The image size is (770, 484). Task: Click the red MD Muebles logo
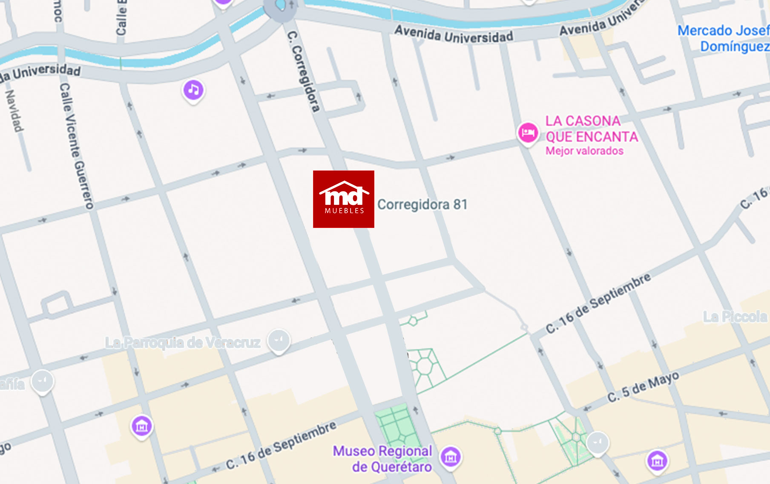(343, 199)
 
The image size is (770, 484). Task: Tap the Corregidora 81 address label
(422, 205)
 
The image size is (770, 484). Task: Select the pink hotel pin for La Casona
(528, 133)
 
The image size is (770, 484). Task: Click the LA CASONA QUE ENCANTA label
(591, 129)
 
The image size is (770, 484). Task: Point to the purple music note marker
(193, 90)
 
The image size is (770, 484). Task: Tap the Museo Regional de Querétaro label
(382, 459)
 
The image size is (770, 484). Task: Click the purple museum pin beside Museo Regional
(450, 457)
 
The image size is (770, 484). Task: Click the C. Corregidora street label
(303, 71)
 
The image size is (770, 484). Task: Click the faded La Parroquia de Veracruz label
(183, 343)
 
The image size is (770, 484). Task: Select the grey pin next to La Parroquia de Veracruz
(279, 340)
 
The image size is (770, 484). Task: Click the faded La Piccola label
(735, 317)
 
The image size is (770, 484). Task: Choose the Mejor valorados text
(584, 151)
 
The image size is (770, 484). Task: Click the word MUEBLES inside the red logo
(344, 210)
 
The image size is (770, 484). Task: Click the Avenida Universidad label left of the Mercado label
(454, 34)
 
